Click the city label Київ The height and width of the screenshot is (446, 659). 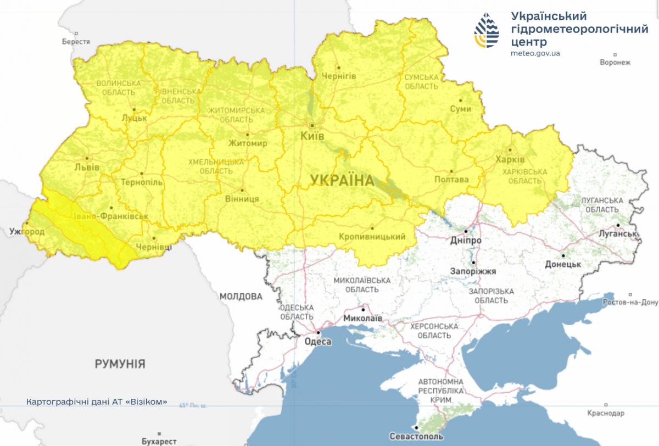[312, 135]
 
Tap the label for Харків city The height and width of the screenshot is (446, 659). [510, 159]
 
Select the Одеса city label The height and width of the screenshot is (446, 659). [318, 342]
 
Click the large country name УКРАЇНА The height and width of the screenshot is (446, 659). [341, 180]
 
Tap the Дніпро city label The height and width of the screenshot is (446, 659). [466, 241]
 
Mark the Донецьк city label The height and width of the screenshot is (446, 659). [563, 264]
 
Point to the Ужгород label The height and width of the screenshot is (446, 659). [27, 232]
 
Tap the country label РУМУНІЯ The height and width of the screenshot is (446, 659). [120, 364]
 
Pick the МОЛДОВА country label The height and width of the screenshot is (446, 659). [241, 297]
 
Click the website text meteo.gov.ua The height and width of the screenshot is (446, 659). [535, 53]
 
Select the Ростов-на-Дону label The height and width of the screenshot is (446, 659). [630, 302]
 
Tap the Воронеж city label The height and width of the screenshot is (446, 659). [615, 62]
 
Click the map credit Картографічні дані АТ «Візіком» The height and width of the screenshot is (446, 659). [96, 402]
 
